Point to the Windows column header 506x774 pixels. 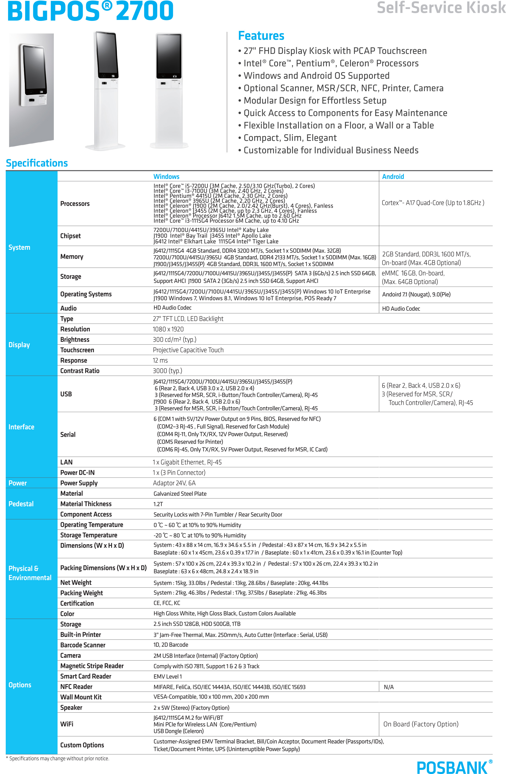166,177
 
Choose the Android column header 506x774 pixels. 393,177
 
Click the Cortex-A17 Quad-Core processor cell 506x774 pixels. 432,203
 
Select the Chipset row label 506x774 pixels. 71,236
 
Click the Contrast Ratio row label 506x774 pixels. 80,371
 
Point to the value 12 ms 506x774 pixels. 160,360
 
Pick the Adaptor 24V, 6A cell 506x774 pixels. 174,483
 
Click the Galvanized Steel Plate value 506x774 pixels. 180,494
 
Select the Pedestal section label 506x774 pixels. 21,504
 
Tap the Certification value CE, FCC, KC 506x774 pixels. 167,603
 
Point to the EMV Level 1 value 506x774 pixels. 167,676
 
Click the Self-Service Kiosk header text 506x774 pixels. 441,8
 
